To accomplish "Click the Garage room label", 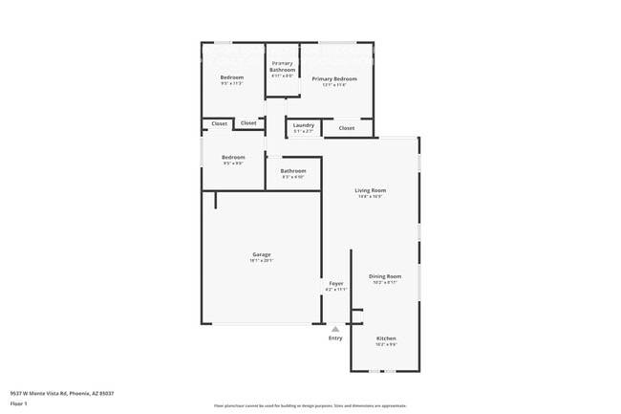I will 261,254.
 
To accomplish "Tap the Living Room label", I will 371,190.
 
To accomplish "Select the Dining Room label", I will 385,276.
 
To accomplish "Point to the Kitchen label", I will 386,338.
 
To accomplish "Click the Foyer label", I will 336,283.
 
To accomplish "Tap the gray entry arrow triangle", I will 335,329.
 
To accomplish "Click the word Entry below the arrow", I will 335,338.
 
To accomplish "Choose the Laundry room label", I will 304,125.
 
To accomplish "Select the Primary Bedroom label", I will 334,78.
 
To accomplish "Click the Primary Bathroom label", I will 282,66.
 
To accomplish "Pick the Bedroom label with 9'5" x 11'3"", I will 232,77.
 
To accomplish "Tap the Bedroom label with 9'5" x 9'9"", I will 233,157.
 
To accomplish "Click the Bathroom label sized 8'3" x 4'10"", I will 293,171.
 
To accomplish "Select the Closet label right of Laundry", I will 347,127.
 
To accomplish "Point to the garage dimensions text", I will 261,260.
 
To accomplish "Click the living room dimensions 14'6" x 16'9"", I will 371,196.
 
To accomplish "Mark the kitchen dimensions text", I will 386,344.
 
